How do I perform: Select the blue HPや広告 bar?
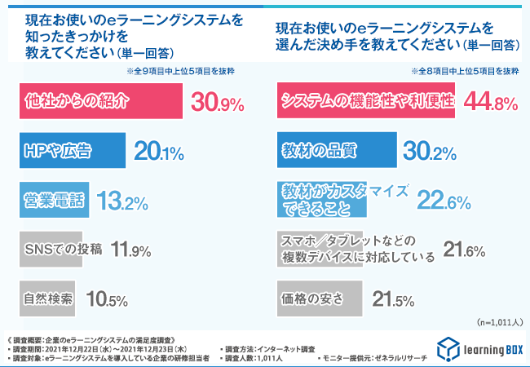pos(71,150)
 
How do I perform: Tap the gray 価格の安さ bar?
pos(317,298)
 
